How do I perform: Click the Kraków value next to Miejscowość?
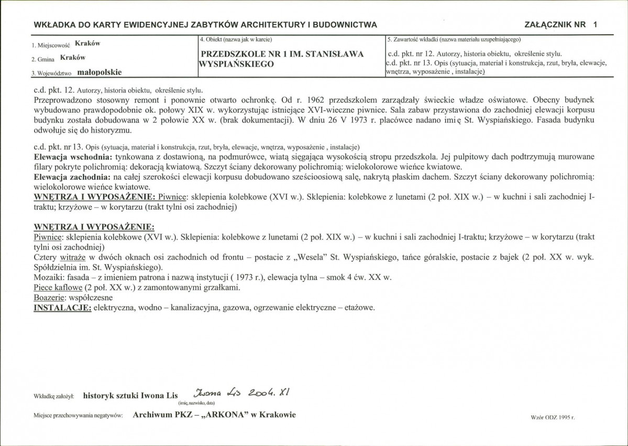point(87,43)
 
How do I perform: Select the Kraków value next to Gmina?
point(73,58)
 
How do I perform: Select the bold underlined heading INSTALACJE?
point(61,308)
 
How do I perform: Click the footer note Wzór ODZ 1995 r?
point(552,417)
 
